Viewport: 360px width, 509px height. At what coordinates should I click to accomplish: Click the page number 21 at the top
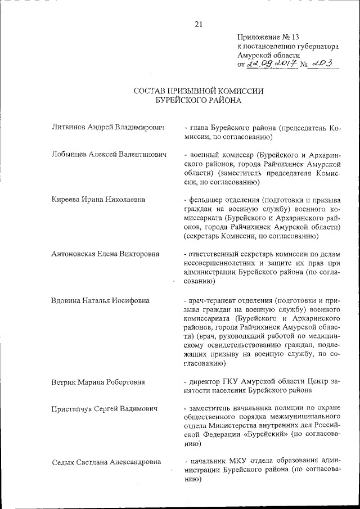point(198,24)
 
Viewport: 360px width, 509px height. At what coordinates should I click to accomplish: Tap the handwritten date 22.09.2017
point(269,65)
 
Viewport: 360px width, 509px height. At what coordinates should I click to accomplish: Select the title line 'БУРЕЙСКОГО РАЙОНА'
point(199,101)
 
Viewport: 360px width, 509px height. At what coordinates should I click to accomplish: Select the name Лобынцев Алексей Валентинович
point(109,155)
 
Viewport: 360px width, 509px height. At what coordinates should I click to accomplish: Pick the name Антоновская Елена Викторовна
point(105,254)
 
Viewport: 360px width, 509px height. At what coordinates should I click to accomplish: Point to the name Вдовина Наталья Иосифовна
point(100,300)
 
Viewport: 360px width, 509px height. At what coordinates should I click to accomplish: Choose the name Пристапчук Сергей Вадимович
point(103,408)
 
